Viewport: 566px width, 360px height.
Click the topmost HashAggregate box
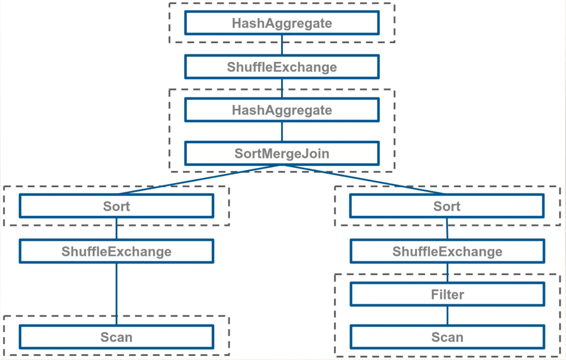(282, 23)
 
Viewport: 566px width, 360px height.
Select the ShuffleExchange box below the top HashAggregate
(282, 67)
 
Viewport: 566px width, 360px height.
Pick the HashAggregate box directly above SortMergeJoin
(282, 110)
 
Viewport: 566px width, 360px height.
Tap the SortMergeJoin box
(282, 153)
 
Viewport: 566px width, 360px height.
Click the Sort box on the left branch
(116, 206)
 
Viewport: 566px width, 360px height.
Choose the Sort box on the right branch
(447, 206)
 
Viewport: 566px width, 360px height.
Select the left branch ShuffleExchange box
(116, 251)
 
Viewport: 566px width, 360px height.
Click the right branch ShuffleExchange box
(447, 251)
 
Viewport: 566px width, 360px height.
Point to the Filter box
(447, 294)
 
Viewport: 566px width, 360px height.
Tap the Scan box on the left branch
(116, 337)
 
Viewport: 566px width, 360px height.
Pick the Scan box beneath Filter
(447, 337)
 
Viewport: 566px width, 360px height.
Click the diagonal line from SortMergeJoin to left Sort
(200, 179)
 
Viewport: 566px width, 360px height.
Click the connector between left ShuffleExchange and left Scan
(116, 294)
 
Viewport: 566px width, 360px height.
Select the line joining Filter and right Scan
(447, 315)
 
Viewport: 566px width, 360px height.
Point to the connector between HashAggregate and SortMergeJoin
(282, 131)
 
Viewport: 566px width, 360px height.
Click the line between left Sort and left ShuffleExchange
(116, 229)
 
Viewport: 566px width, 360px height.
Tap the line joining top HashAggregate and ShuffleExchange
(282, 45)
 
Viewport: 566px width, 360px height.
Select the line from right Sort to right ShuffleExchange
(447, 229)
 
